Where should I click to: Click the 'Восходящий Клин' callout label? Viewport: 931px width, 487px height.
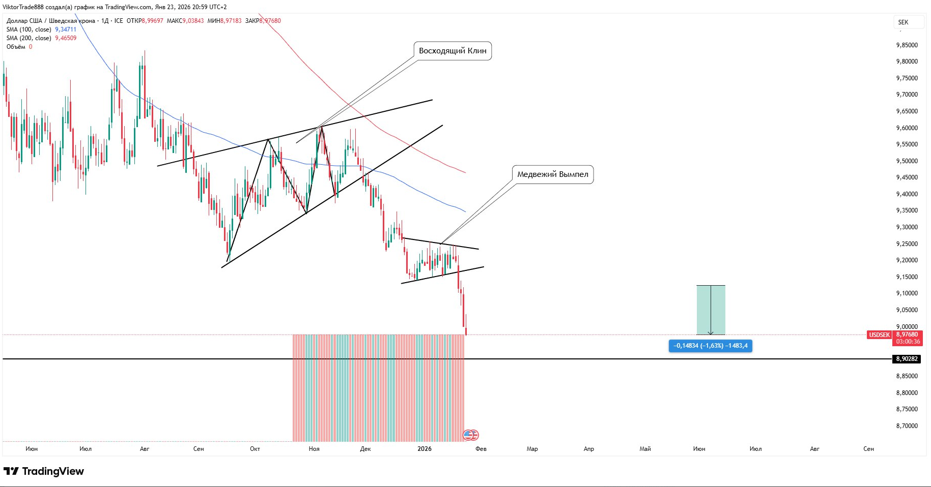[453, 51]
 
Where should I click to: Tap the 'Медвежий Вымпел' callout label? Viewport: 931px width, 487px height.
[552, 174]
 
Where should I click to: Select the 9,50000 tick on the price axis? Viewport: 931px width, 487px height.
[907, 161]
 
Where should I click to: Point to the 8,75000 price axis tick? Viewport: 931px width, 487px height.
[907, 409]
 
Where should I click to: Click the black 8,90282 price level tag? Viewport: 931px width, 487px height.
[907, 359]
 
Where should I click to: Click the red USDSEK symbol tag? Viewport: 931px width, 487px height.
[879, 335]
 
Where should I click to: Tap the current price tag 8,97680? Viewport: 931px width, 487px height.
[908, 334]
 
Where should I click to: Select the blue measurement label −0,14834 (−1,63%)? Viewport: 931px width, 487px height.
[710, 346]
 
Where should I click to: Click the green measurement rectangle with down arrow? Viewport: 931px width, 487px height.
[711, 310]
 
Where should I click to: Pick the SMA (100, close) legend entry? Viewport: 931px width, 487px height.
[29, 29]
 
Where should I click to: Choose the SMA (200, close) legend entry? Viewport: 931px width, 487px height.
[29, 38]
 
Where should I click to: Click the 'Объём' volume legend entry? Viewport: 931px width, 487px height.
[16, 47]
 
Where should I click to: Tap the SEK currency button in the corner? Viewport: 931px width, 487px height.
[904, 22]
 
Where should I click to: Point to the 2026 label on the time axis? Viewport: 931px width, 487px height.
[424, 449]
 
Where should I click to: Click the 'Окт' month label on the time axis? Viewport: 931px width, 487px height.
[255, 449]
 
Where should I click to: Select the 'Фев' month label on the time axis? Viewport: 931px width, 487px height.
[481, 449]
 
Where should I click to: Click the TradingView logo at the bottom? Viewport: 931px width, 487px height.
[44, 471]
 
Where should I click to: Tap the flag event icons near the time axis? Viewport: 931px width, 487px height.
[471, 435]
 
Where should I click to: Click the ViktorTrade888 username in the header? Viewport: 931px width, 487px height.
[23, 7]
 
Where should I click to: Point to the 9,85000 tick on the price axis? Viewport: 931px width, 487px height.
[907, 45]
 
